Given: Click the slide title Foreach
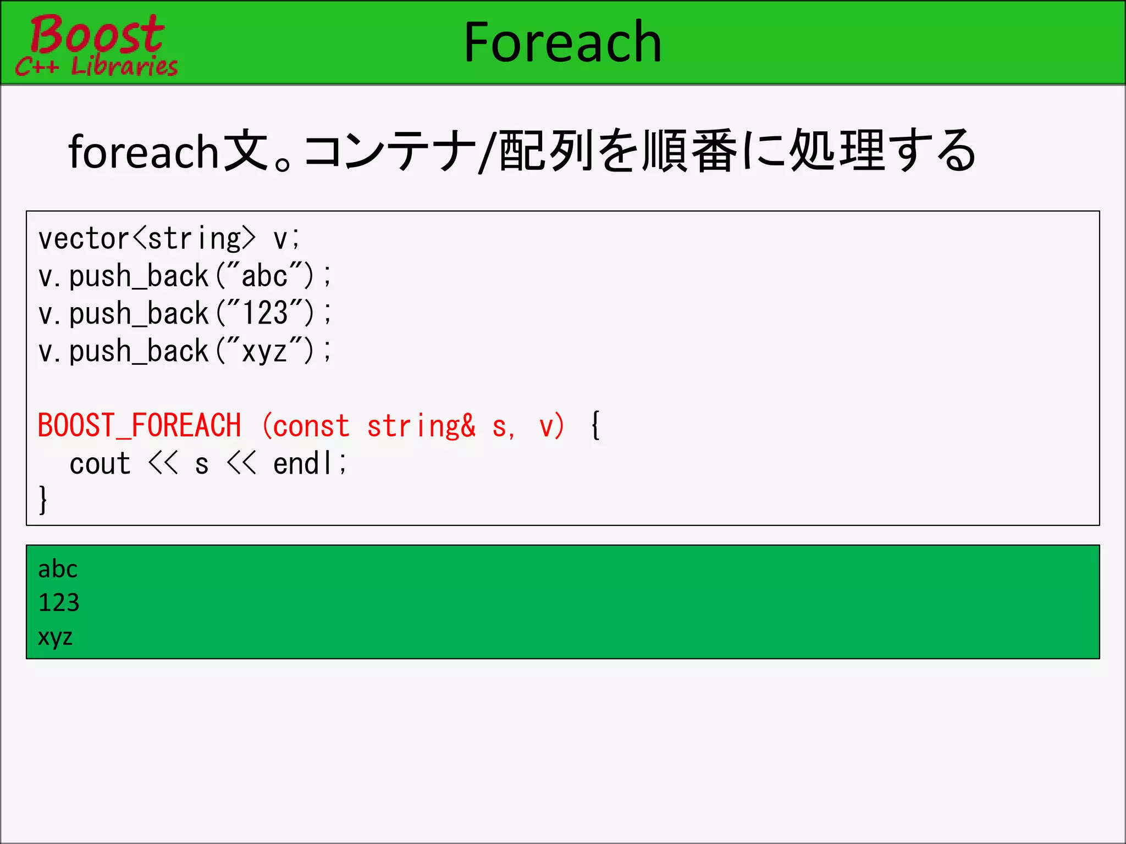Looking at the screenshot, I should [x=562, y=42].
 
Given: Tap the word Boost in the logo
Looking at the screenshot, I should [x=97, y=34].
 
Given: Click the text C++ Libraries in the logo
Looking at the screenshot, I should [x=97, y=66].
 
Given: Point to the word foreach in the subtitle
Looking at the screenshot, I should [x=144, y=152].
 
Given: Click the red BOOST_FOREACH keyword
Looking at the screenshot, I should [x=140, y=426].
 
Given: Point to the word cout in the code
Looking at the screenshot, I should [x=100, y=464].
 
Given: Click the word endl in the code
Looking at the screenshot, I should [x=303, y=464].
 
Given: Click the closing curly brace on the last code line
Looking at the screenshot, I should [x=43, y=499].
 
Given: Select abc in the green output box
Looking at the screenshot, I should [x=58, y=569].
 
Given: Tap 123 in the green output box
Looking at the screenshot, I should [x=59, y=603].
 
